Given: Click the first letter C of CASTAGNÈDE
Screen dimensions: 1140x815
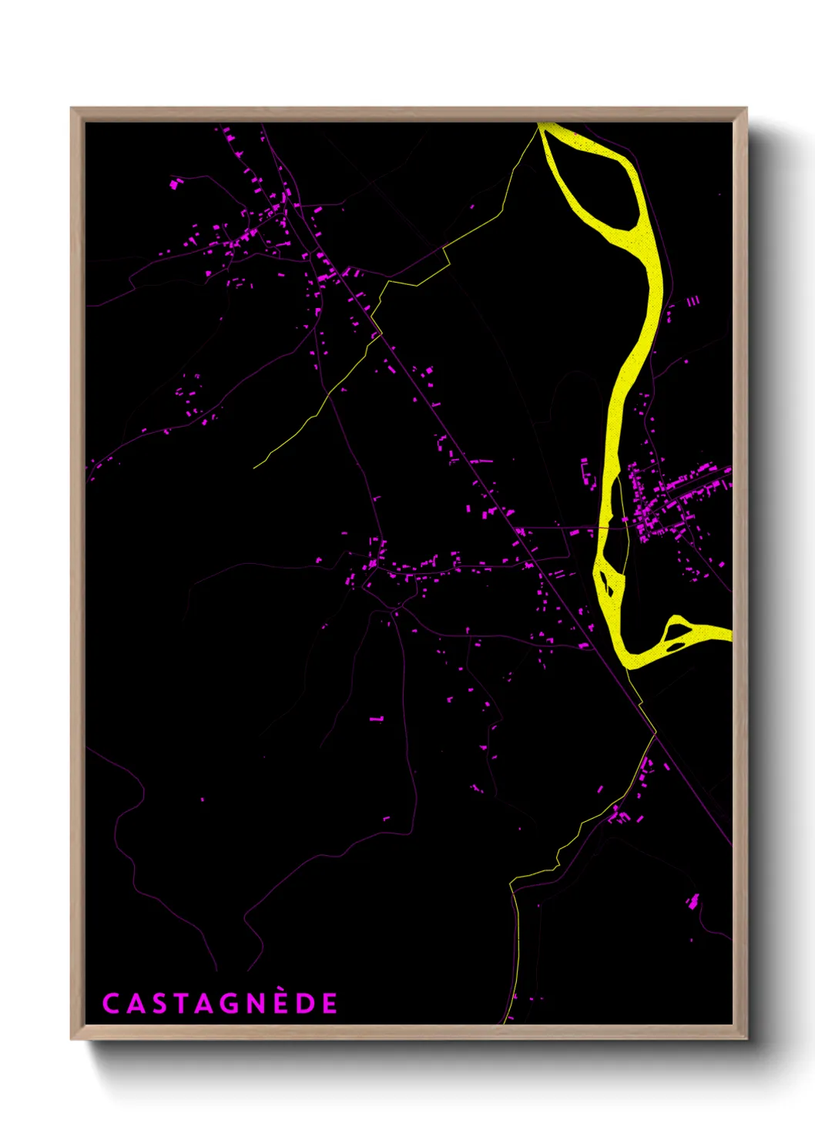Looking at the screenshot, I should [x=110, y=1004].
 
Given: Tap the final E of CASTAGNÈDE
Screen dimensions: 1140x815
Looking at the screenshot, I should [x=330, y=1004].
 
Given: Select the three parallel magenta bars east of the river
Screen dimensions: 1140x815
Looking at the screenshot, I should [x=693, y=301].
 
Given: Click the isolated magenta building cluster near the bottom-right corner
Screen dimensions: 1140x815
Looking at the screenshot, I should [x=693, y=900].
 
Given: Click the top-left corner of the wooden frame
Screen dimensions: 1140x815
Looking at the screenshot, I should [x=72, y=109].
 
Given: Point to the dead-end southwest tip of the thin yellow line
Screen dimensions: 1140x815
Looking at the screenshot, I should [x=255, y=467].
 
